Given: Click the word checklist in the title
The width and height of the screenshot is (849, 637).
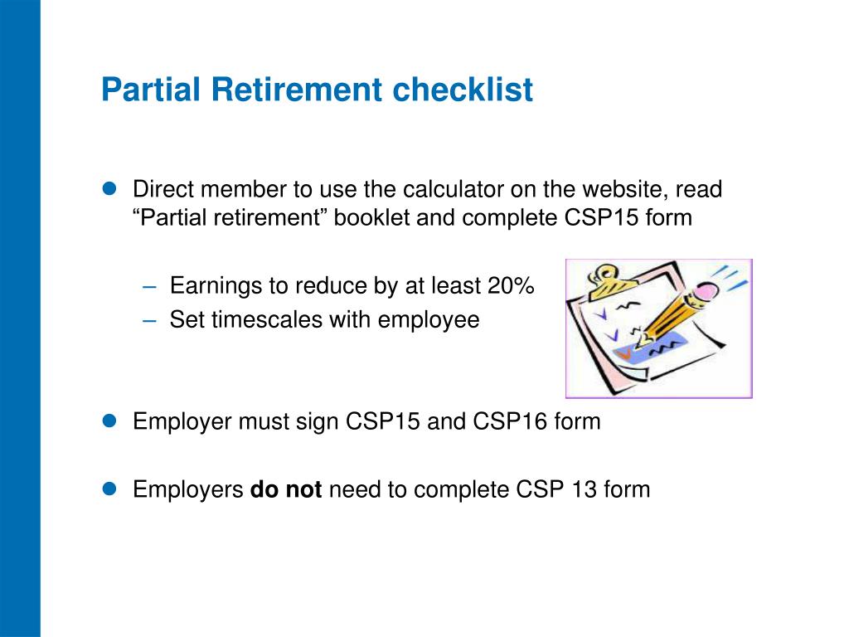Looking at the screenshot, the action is coord(463,90).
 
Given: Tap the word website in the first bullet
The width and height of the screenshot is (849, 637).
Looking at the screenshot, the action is coord(622,189).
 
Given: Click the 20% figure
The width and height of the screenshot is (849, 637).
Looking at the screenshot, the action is coord(511,285).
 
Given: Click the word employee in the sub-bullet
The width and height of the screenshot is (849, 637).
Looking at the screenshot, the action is coord(429,320).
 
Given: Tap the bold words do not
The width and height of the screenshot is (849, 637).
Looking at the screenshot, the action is coord(286,489).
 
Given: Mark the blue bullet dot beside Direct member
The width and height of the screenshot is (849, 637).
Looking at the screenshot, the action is coord(109,188).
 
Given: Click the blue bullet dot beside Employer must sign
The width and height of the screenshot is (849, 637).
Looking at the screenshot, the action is coord(109,421).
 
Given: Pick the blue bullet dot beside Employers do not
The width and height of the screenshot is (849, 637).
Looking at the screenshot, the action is coord(109,489).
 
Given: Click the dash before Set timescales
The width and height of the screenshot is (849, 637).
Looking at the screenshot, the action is coord(149,321).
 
